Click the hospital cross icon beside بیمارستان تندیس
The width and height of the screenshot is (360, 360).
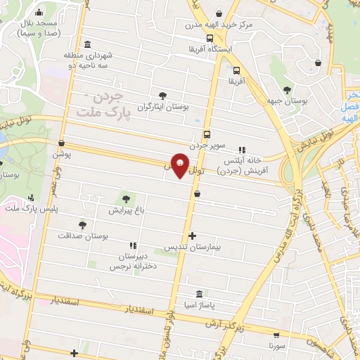193,236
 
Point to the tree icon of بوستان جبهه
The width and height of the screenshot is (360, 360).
287,89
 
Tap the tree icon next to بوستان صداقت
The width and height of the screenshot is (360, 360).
83,225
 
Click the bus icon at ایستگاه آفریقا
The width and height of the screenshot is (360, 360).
210,39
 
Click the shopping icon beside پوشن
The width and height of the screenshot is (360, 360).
61,142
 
